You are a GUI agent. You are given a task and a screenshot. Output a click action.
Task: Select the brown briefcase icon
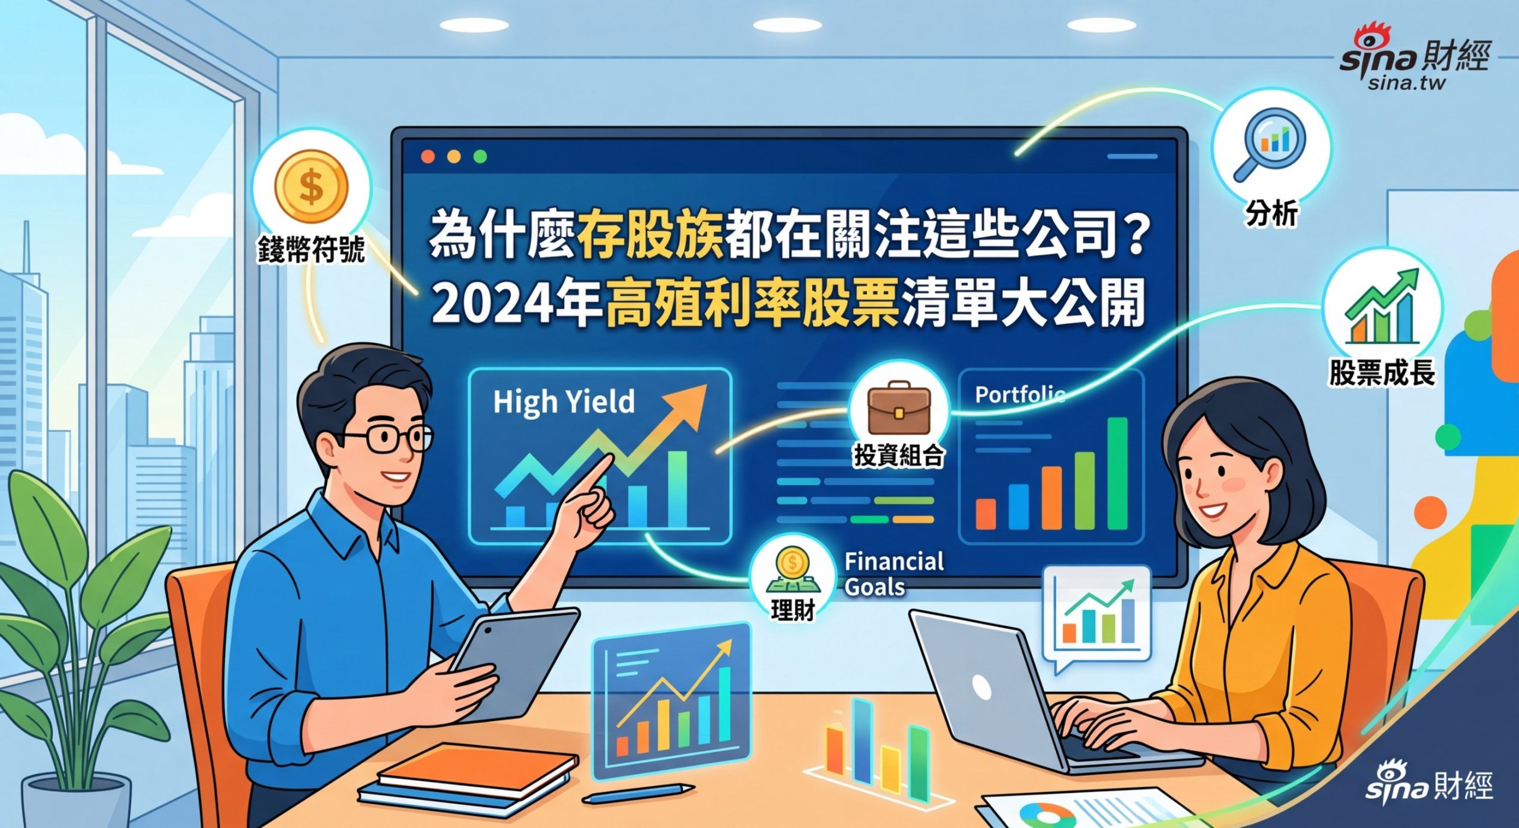click(898, 408)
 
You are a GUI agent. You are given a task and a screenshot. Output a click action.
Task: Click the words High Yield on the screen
click(564, 402)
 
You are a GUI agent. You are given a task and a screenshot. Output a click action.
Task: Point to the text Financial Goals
click(893, 574)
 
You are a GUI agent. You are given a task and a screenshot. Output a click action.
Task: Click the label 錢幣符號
click(311, 250)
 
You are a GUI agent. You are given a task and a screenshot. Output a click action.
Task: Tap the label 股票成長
click(1382, 372)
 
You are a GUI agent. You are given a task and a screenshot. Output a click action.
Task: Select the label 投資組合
click(898, 456)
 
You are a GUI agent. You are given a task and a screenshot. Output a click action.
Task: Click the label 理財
click(792, 610)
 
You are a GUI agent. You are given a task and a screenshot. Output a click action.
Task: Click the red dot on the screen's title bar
click(428, 157)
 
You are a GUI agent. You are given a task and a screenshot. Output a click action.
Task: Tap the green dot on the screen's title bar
click(480, 157)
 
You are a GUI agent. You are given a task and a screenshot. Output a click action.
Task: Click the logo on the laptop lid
click(981, 687)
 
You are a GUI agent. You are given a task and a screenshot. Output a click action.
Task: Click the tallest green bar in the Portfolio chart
click(1117, 473)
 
